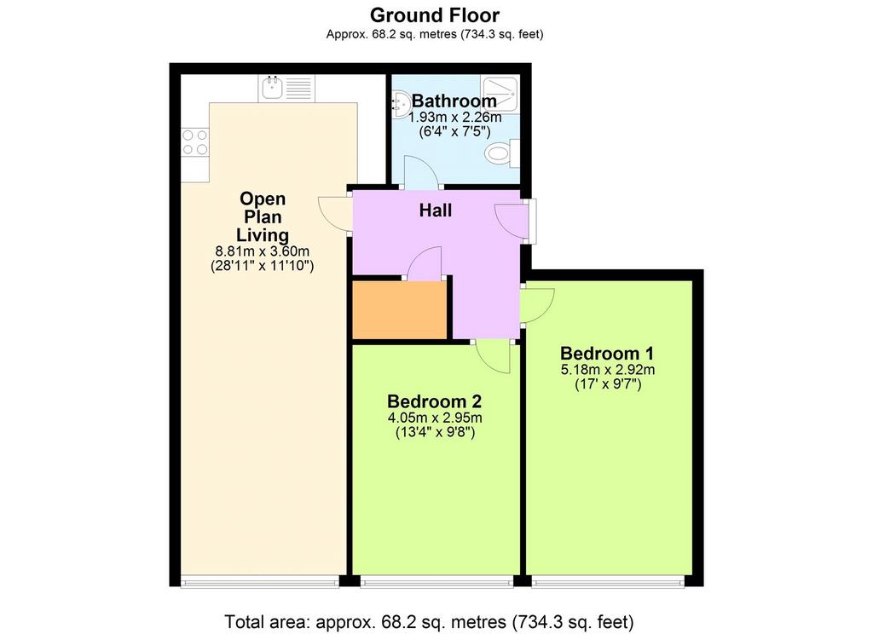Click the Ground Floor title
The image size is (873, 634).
pyautogui.click(x=435, y=15)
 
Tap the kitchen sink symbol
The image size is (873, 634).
pyautogui.click(x=286, y=88)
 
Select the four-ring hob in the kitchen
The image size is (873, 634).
pyautogui.click(x=195, y=142)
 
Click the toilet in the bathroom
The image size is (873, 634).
pyautogui.click(x=501, y=153)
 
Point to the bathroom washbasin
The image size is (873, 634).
pyautogui.click(x=400, y=104)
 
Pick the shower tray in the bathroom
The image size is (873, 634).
pyautogui.click(x=500, y=92)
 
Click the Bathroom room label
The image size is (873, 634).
pyautogui.click(x=454, y=101)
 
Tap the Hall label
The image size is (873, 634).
pyautogui.click(x=436, y=210)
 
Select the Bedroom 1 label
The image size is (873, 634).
pyautogui.click(x=607, y=354)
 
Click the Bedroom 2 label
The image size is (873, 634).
pyautogui.click(x=434, y=401)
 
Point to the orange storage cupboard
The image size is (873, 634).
pyautogui.click(x=400, y=309)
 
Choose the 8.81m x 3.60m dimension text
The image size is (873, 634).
pyautogui.click(x=263, y=251)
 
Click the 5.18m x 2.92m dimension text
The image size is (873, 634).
pyautogui.click(x=607, y=370)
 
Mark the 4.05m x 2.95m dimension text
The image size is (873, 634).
pyautogui.click(x=435, y=418)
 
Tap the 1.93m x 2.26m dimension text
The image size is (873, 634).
pyautogui.click(x=455, y=118)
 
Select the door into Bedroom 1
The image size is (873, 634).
pyautogui.click(x=538, y=305)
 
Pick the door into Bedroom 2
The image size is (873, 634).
pyautogui.click(x=494, y=356)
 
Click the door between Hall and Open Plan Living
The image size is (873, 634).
pyautogui.click(x=335, y=214)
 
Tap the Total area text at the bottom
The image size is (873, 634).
pyautogui.click(x=429, y=621)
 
